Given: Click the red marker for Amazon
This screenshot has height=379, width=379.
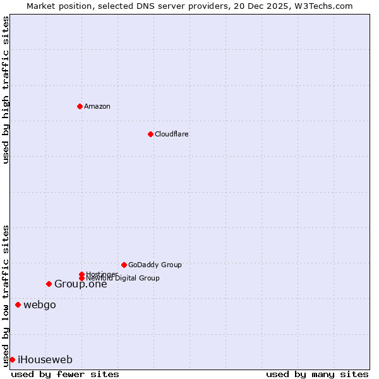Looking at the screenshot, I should pos(80,106).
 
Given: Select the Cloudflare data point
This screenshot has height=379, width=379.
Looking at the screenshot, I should pos(150,134).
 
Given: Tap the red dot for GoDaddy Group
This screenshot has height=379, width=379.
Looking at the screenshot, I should pos(124,265).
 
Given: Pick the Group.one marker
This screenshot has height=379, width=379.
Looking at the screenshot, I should pos(49,284).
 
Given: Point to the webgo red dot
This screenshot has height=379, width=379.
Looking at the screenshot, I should pos(18,304).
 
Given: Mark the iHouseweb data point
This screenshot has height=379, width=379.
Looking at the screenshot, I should pos(12,359).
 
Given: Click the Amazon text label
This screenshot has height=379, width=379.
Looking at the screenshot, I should pos(97,106).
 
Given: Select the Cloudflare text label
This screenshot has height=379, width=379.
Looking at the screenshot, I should pos(171,134).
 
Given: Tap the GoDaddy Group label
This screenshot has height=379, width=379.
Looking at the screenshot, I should pos(155,265).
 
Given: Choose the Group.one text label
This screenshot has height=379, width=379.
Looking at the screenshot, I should pos(80,284).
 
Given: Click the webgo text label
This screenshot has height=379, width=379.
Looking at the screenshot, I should pos(40,304).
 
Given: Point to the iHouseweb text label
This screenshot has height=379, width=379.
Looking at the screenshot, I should pos(45,359).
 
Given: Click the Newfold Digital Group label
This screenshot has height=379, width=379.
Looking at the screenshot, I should pos(123,278).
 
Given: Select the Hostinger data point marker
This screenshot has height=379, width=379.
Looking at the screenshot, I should pos(81,274).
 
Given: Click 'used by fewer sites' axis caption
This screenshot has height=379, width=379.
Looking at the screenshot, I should pos(65,374).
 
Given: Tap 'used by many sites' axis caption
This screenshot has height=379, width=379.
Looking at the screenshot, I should pos(317,374).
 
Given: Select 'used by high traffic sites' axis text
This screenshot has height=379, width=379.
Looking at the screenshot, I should pos(6,90).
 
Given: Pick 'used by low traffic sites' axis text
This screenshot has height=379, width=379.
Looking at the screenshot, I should pos(6,295).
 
